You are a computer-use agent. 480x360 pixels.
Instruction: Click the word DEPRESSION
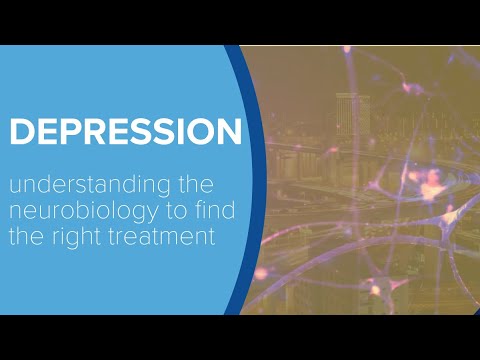[125, 132]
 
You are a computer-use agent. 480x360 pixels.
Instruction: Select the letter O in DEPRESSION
[199, 132]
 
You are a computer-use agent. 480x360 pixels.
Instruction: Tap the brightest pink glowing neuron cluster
[432, 185]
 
